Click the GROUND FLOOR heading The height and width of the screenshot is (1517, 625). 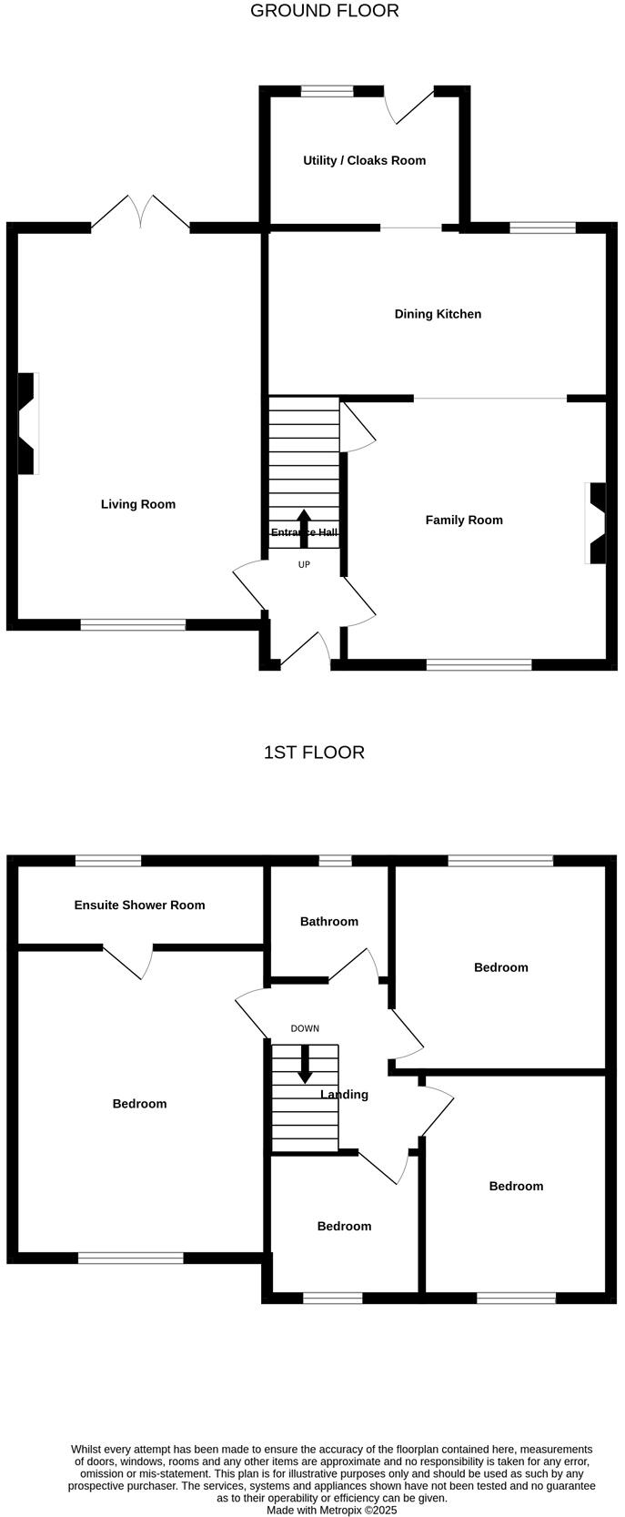[x=324, y=11]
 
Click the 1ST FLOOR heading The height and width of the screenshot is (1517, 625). [x=314, y=753]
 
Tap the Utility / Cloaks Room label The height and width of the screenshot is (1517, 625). [x=364, y=160]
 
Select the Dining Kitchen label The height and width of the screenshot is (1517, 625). [x=438, y=314]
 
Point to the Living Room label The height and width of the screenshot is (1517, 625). [x=138, y=504]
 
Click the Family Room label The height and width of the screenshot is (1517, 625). [x=464, y=521]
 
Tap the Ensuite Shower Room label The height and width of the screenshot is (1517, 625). [x=139, y=905]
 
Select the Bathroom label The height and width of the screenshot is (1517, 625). [x=329, y=922]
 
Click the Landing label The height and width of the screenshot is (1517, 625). [x=344, y=1095]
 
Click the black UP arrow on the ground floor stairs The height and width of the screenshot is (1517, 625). [x=304, y=529]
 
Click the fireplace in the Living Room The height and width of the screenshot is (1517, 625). [x=28, y=423]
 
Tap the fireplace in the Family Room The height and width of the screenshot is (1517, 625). [x=596, y=524]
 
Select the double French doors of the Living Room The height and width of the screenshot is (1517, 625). [x=141, y=212]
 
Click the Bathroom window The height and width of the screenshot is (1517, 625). [x=335, y=860]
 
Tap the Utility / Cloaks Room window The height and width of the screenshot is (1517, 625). [x=328, y=91]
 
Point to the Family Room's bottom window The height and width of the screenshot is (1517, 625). [x=479, y=665]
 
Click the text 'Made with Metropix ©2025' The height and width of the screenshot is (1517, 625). [x=331, y=1510]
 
